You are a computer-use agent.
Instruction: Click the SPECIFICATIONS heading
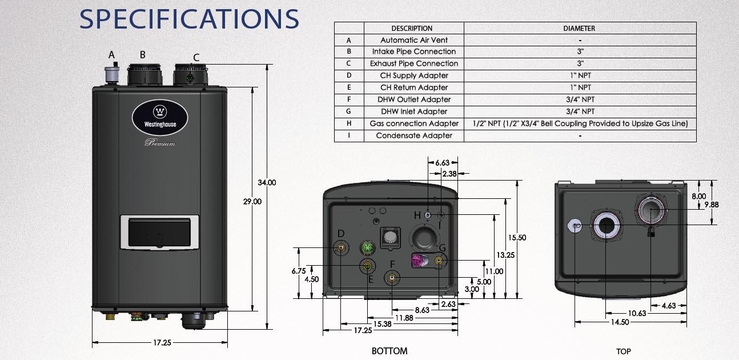(x=189, y=18)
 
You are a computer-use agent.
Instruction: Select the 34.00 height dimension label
(x=267, y=183)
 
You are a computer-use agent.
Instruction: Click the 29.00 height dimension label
(x=252, y=201)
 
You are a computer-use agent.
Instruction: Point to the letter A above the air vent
(x=112, y=55)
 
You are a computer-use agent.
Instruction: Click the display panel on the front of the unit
(x=159, y=233)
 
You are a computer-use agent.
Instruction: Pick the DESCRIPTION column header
(x=412, y=28)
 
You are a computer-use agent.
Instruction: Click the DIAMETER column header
(x=580, y=28)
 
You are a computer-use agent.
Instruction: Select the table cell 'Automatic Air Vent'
(x=414, y=40)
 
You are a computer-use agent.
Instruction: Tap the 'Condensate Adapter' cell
(x=414, y=135)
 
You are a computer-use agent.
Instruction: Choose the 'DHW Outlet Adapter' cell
(x=414, y=99)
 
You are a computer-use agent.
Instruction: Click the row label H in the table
(x=348, y=123)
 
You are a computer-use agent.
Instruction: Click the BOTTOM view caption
(x=389, y=351)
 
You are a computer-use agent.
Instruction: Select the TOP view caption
(x=624, y=351)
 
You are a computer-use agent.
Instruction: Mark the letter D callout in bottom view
(x=340, y=234)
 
